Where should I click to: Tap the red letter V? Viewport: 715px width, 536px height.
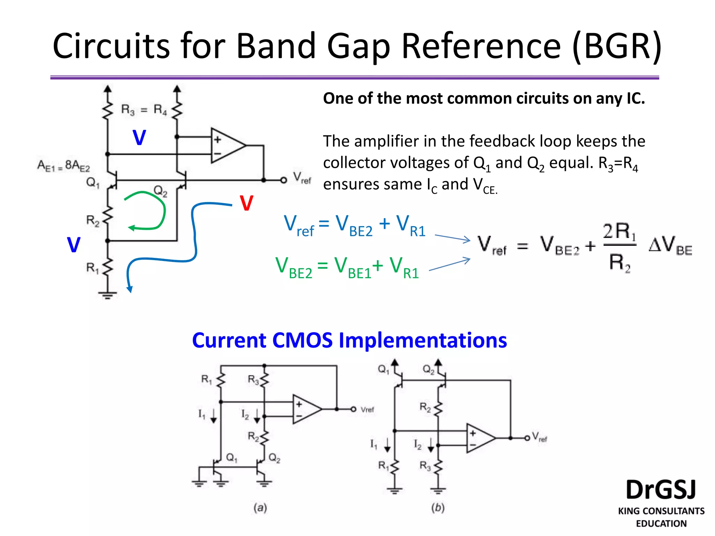coord(246,203)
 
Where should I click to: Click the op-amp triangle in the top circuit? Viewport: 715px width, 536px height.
coord(226,145)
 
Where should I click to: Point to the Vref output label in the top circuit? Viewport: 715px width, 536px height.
coord(302,178)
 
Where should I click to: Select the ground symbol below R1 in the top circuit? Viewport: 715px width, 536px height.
coord(108,295)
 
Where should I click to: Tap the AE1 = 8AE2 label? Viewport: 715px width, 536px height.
coord(64,165)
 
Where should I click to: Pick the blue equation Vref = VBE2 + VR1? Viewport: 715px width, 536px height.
coord(354,226)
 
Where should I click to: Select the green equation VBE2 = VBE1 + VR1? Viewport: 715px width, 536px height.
coord(347,268)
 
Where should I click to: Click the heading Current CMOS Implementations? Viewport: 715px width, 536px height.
coord(349,340)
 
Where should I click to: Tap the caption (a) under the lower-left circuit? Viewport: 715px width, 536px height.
coord(260,507)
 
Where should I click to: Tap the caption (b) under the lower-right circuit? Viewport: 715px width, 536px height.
coord(438,507)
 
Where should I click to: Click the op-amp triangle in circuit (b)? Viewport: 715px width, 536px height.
coord(479,438)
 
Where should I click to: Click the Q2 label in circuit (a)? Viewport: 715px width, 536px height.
coord(274,458)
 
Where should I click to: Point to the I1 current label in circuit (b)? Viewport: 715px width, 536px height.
coord(374,444)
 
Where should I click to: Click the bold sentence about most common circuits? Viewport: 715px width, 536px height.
coord(484,98)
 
